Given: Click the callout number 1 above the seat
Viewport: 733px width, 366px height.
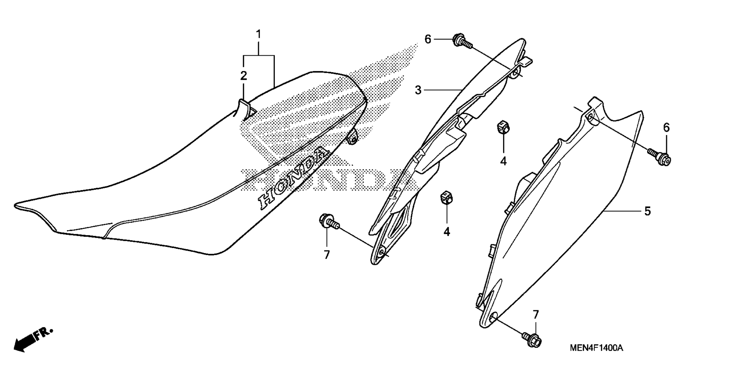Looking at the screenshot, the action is (x=258, y=35).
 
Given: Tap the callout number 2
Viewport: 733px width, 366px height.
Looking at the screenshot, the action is (x=244, y=76).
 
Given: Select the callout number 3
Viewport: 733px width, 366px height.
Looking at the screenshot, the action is (x=418, y=90).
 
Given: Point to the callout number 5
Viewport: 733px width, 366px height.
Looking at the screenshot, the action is (x=647, y=211).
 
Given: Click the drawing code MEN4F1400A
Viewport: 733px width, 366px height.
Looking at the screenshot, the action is (x=596, y=348).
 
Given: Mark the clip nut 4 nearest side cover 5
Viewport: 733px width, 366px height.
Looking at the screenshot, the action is (x=502, y=128).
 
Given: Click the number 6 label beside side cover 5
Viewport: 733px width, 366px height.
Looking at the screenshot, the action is (x=666, y=128).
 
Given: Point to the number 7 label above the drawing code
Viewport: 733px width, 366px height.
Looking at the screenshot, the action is (x=536, y=315).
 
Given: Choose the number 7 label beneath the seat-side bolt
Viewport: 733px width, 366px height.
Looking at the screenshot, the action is (x=327, y=255).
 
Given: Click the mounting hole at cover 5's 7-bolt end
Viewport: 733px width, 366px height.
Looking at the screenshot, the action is (x=493, y=318).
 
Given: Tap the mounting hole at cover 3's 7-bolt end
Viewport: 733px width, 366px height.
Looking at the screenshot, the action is (x=382, y=253).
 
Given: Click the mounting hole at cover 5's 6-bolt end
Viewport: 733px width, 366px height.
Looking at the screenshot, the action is (x=591, y=116).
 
